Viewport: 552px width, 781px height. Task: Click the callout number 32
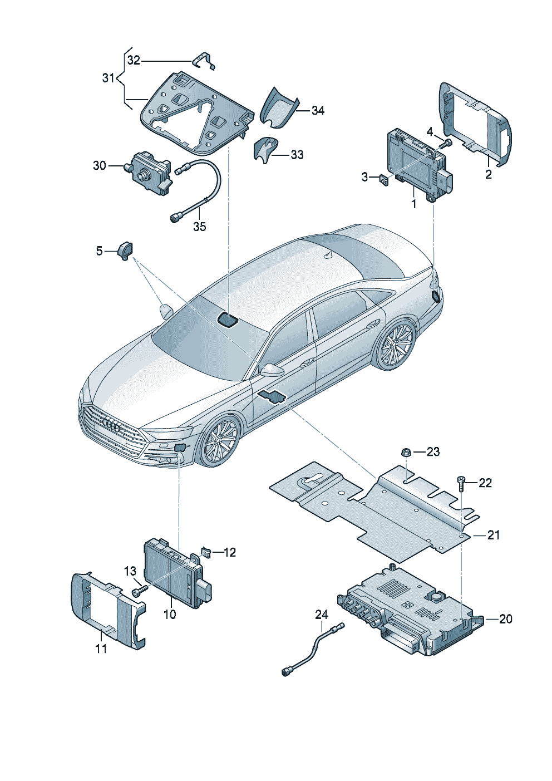tap(134, 60)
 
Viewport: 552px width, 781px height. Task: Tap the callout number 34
tap(318, 110)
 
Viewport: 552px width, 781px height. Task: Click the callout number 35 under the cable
tap(199, 226)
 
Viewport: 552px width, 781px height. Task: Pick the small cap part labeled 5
tap(125, 250)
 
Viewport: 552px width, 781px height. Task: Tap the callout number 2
tap(488, 174)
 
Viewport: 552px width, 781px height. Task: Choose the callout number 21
tap(494, 535)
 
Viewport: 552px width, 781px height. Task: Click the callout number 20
tap(505, 618)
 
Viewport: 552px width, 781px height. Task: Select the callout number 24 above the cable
tap(322, 615)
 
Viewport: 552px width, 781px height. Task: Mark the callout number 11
tap(101, 649)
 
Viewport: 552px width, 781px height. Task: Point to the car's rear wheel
tap(396, 345)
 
